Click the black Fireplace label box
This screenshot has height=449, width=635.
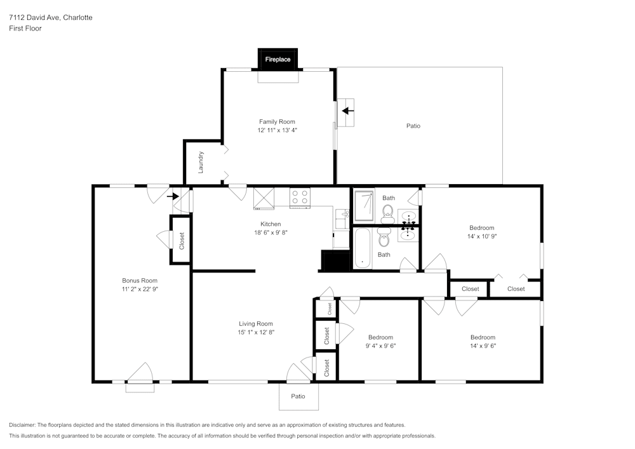(277, 59)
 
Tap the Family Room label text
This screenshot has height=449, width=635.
(277, 121)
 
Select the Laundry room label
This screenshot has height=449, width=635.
(201, 162)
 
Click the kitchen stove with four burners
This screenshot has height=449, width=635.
(300, 198)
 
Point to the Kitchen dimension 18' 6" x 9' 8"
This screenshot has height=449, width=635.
(271, 232)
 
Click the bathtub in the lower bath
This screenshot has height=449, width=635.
(363, 248)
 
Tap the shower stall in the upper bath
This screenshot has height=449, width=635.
(364, 204)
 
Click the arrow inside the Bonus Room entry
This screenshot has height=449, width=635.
(172, 196)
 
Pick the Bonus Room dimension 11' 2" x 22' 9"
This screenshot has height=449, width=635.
(140, 289)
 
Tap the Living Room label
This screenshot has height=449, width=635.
(256, 323)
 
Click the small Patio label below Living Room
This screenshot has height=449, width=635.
(298, 396)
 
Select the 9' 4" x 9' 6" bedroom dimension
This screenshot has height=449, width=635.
(380, 346)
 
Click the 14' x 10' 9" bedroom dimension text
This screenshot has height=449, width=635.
(482, 236)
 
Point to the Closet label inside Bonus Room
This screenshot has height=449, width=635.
(182, 240)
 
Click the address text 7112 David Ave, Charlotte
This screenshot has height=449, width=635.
(50, 18)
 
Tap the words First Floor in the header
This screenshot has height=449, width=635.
(25, 29)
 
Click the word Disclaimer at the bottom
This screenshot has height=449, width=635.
(22, 425)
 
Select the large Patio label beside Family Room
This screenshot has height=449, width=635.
(413, 126)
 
